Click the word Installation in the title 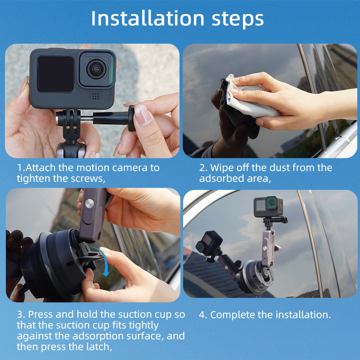pos(148,18)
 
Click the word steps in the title pos(238,19)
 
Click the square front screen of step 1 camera pos(55,74)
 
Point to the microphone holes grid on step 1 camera pos(96,96)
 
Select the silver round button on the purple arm pos(89,204)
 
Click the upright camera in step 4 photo pos(268,207)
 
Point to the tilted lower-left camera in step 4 pos(209,243)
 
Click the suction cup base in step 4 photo pos(255,277)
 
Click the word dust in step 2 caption pos(279,167)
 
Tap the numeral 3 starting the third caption pos(20,314)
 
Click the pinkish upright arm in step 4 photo pos(268,249)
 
